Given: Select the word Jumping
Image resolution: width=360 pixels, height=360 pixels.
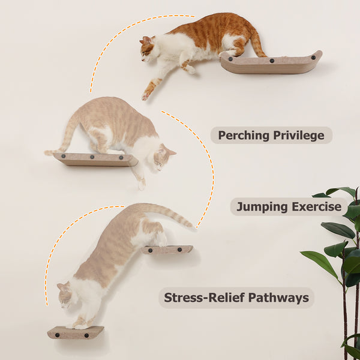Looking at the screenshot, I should point(262,207).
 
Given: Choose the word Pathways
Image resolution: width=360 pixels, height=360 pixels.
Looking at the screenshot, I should point(278,297).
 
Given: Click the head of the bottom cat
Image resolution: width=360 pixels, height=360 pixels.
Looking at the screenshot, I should point(64,293).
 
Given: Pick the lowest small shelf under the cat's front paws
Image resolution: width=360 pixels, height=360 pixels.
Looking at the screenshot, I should point(75,332).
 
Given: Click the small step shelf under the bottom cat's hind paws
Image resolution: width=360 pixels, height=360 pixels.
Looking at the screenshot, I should point(168,249).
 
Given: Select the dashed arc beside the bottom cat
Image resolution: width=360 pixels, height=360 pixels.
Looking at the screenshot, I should point(60,240).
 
